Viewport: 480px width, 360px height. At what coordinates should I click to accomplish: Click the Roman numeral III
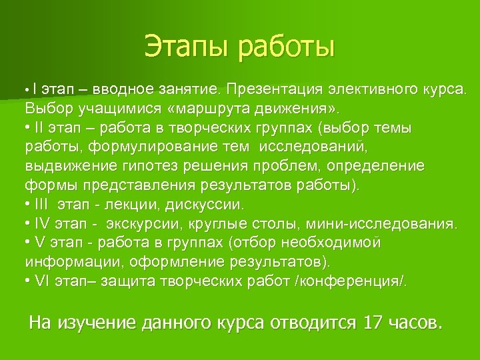click(42, 203)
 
